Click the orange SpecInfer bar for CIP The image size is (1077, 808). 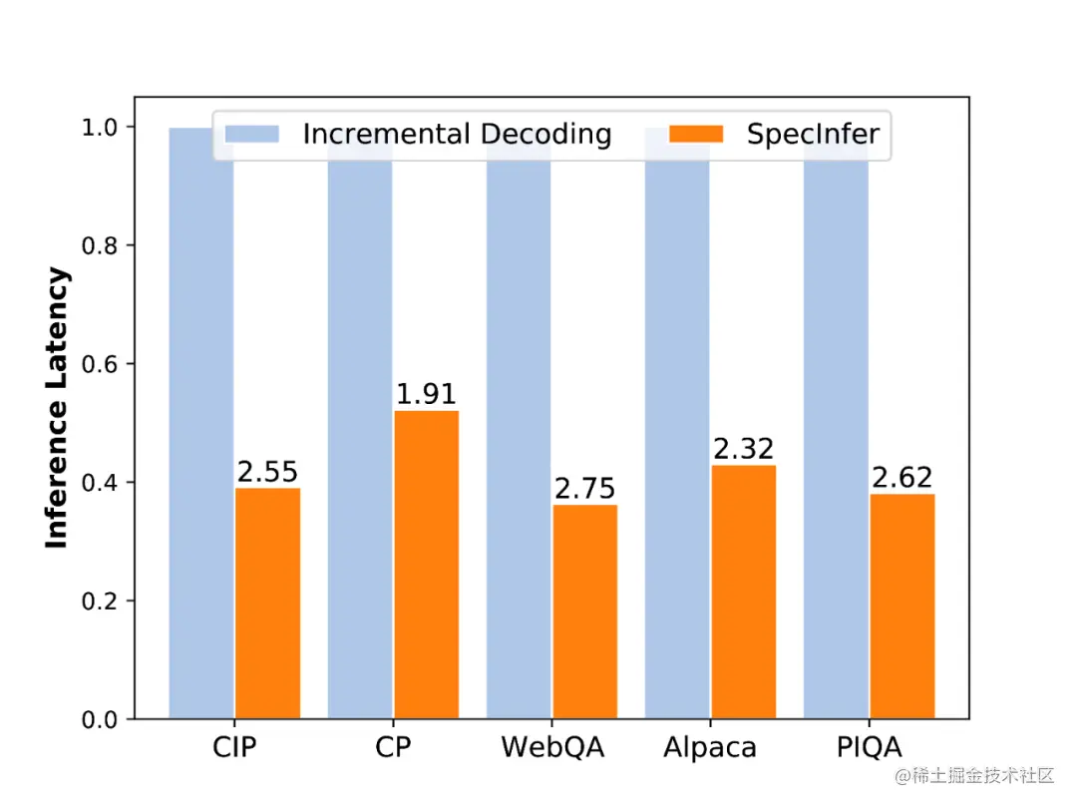click(x=267, y=603)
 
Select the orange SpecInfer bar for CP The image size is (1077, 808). click(x=426, y=565)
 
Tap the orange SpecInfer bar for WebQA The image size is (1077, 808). click(x=584, y=611)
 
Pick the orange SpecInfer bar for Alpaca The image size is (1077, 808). click(x=744, y=592)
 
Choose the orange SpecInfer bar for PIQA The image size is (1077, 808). click(x=902, y=606)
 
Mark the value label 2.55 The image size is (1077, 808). click(x=267, y=472)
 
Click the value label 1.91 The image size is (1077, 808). click(x=426, y=394)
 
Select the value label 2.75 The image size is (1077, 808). click(x=584, y=489)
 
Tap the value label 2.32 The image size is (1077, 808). click(x=744, y=449)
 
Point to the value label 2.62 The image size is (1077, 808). click(x=902, y=478)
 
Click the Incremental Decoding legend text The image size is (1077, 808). click(x=457, y=135)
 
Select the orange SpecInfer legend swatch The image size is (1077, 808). click(x=696, y=135)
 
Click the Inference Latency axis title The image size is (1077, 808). click(x=58, y=407)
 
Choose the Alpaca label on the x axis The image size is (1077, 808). click(x=710, y=747)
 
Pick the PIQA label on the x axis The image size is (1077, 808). click(x=868, y=747)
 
